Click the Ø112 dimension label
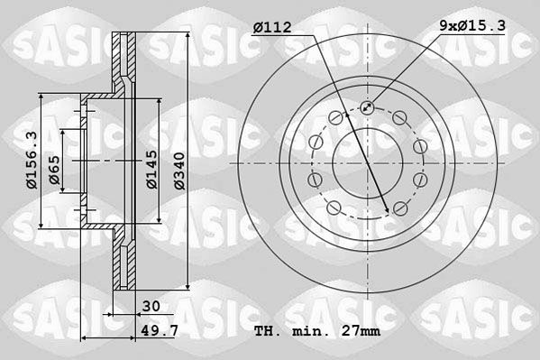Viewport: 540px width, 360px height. (273, 28)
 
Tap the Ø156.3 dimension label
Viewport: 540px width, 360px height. (30, 161)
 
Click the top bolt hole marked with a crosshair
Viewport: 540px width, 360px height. (368, 108)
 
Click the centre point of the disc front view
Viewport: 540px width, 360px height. (368, 163)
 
